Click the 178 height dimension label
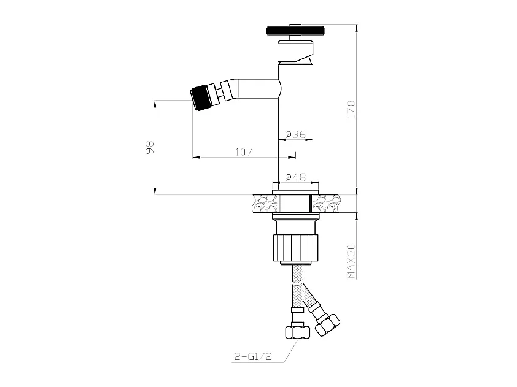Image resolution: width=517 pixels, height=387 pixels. [351, 110]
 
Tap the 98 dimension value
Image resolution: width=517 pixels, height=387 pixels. [150, 147]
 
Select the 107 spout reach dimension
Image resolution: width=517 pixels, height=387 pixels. [244, 152]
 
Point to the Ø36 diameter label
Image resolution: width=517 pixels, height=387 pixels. [295, 134]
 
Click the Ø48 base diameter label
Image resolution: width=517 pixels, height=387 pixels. [295, 177]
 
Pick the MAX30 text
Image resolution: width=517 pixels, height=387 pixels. [351, 261]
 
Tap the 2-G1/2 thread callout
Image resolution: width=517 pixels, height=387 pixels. [253, 357]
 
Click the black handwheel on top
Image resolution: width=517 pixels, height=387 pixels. [297, 30]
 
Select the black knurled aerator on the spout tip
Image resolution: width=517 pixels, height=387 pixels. [199, 98]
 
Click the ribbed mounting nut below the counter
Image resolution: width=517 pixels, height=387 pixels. [296, 247]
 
